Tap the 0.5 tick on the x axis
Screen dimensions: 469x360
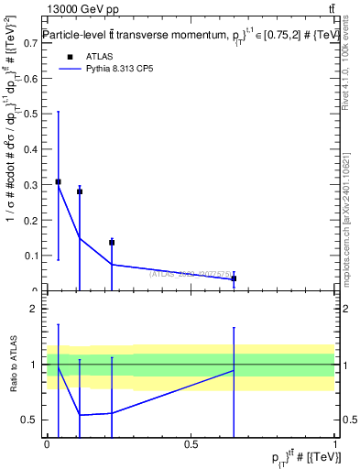pos(191,444)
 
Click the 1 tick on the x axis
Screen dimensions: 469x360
pos(335,444)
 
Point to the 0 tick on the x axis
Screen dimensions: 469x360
pos(48,444)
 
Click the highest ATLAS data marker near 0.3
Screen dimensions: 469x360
pos(59,181)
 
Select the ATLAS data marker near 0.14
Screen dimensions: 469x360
pos(112,243)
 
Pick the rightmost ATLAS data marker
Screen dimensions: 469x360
pos(234,278)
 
